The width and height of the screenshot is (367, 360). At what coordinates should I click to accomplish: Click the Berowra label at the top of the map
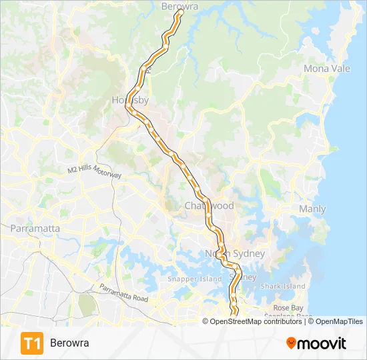pos(180,7)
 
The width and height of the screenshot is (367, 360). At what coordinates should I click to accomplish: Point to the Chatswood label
pos(209,207)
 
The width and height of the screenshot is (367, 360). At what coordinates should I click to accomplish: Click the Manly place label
pos(312,209)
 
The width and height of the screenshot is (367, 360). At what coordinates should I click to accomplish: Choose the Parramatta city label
pos(35,229)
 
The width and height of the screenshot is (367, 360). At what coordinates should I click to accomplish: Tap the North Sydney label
pos(234,254)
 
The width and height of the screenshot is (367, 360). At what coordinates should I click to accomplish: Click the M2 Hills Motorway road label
pos(94,171)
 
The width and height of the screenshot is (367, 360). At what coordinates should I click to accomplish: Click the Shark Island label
pos(283,287)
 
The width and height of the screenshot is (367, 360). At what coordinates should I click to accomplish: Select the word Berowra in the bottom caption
pos(69,343)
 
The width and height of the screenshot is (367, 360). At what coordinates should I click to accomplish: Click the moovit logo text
pos(322,343)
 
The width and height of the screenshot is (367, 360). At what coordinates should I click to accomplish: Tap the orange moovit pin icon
pos(291,343)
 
